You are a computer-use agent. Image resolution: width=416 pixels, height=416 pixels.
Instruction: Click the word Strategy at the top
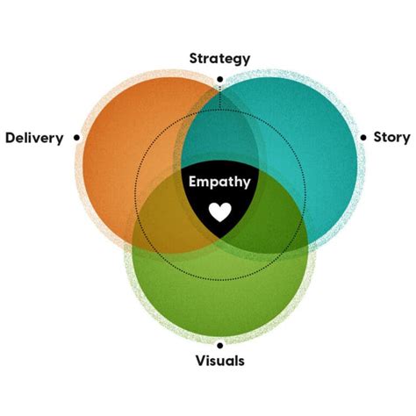tap(219, 58)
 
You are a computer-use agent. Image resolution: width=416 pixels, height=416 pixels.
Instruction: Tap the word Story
tap(391, 137)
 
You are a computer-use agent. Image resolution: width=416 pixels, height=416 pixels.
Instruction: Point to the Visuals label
tap(220, 361)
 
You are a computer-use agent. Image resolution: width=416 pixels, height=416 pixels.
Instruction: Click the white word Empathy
tap(220, 183)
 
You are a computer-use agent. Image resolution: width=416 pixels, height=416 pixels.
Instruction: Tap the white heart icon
tap(219, 212)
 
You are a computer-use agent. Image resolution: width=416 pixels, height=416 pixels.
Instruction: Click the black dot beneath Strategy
tap(219, 76)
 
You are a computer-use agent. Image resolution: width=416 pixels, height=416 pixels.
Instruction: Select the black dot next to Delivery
tap(78, 137)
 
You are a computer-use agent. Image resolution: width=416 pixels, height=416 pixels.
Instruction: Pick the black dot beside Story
tap(362, 137)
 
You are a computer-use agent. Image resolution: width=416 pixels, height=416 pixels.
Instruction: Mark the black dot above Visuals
tap(219, 344)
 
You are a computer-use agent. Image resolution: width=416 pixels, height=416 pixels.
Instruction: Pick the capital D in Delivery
tap(10, 137)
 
